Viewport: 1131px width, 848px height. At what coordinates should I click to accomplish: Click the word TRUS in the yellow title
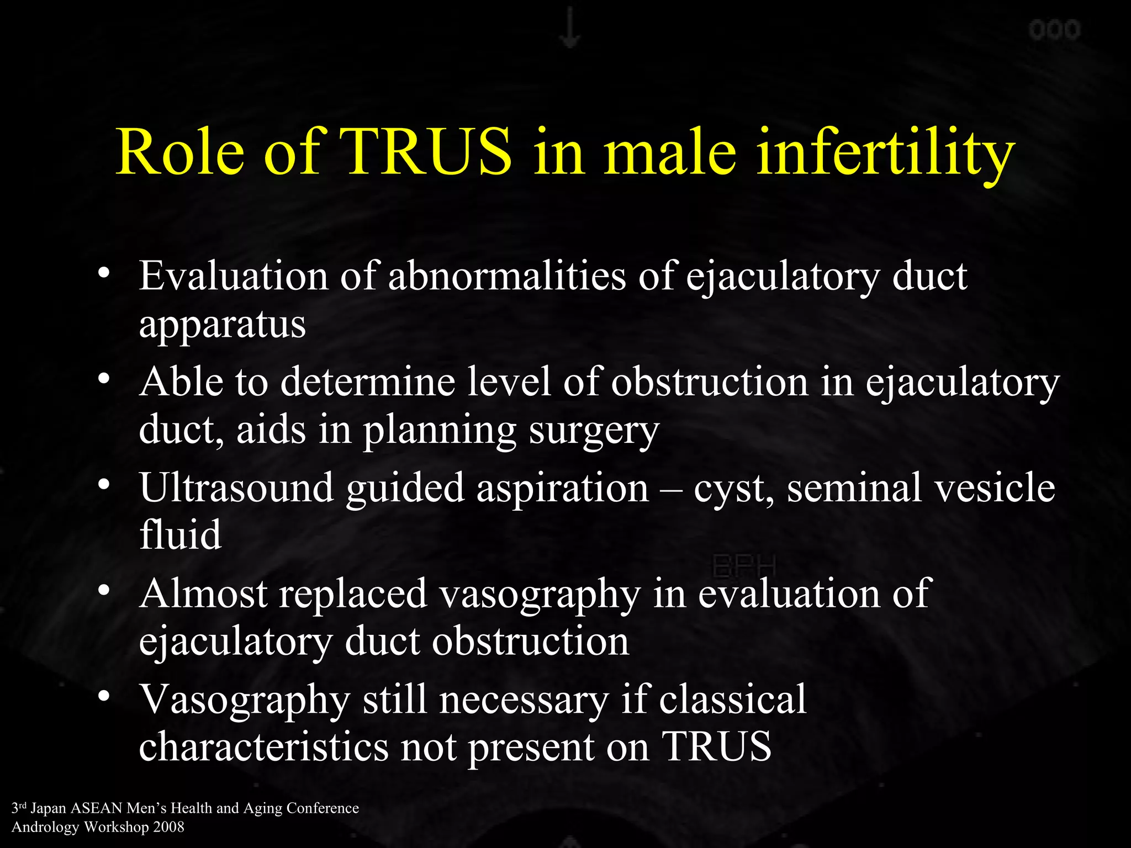tap(426, 152)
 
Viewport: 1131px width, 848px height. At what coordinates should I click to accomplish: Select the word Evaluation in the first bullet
tap(234, 275)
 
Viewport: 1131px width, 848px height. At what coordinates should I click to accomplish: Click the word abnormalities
tap(507, 275)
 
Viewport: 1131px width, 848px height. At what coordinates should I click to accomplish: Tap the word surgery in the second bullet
tap(594, 431)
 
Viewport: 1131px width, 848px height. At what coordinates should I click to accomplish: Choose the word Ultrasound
tap(236, 488)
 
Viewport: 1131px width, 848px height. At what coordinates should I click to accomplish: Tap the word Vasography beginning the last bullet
tap(245, 700)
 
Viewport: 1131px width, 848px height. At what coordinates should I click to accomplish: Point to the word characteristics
tap(263, 746)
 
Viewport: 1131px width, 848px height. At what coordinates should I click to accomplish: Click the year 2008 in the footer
tap(169, 827)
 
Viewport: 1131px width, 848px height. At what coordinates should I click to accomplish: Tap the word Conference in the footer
tap(323, 808)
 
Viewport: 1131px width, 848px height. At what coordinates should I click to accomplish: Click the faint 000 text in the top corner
tap(1054, 30)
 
